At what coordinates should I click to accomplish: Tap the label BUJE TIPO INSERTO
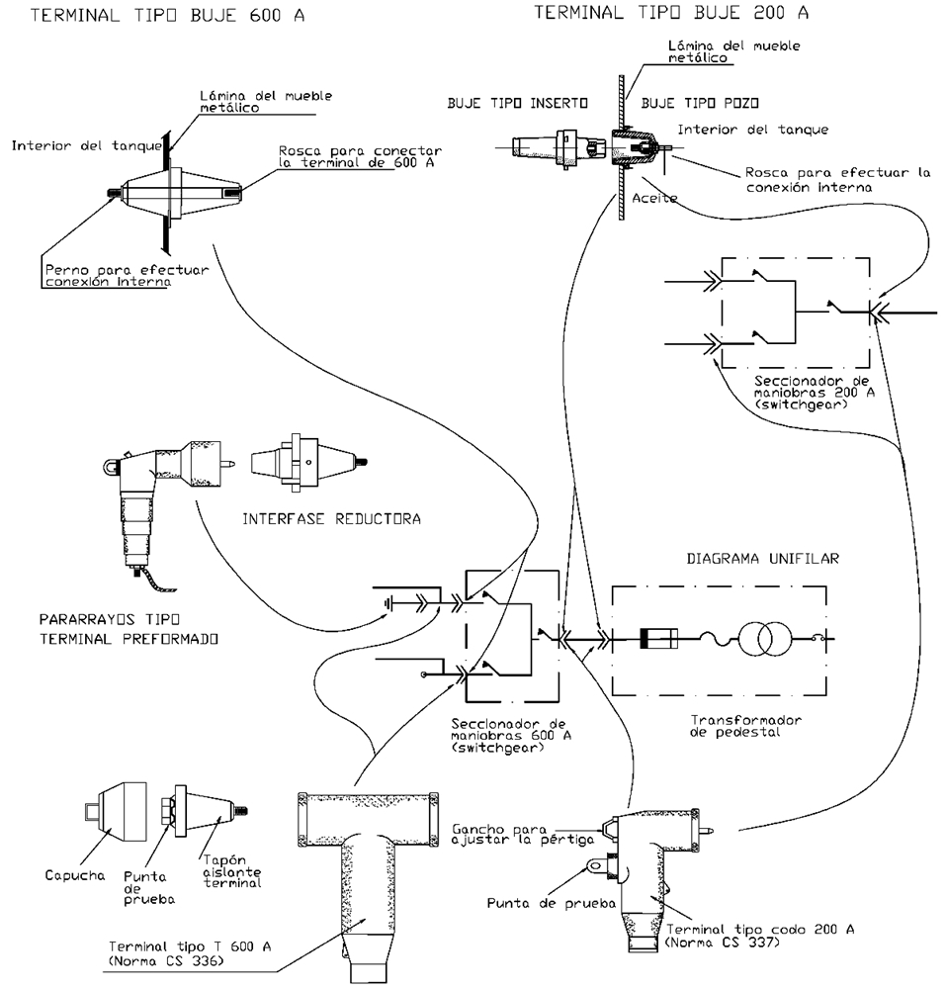point(518,103)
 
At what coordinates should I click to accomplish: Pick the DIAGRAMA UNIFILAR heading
point(762,559)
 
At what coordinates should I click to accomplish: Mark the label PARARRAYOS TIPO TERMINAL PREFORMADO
point(129,630)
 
